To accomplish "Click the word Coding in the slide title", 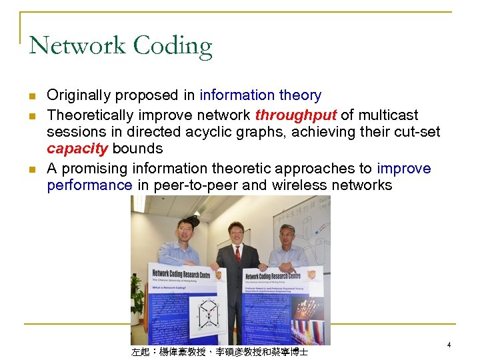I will (172, 47).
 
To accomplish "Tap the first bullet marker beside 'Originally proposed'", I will (32, 96).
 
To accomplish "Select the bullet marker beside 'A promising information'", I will (32, 169).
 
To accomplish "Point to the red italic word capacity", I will (77, 148).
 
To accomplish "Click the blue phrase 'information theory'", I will (260, 95).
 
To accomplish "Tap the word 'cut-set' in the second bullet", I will (416, 131).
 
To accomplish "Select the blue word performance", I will (89, 185).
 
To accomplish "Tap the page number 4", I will (449, 345).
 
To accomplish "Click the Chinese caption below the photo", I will (219, 351).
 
